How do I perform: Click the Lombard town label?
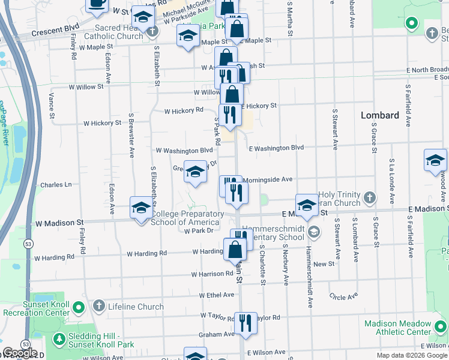point(380,115)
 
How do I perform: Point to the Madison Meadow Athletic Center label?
point(398,328)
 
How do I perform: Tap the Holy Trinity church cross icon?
point(370,197)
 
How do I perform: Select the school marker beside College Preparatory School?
point(141,209)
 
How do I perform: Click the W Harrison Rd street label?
point(212,274)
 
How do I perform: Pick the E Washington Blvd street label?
point(276,148)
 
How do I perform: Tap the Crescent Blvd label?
point(56,28)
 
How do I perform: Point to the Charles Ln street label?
point(56,185)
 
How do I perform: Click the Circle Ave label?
point(343,296)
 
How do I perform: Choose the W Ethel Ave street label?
point(212,295)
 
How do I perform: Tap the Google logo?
point(20,353)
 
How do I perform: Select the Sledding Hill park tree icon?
point(59,340)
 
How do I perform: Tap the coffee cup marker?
point(97,3)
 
